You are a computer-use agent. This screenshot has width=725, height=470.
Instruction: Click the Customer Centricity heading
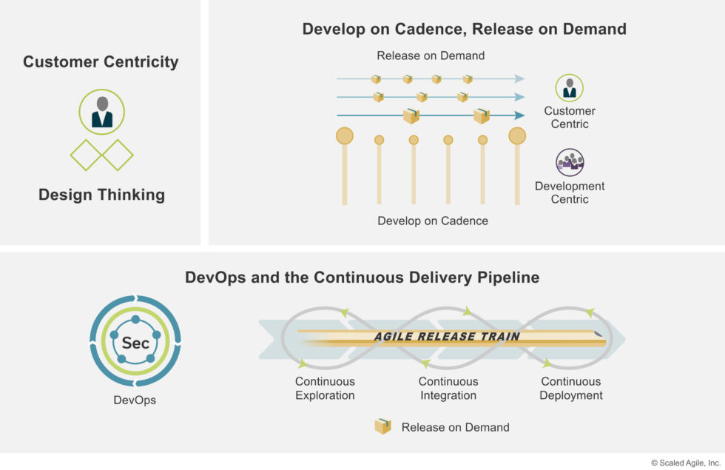click(101, 61)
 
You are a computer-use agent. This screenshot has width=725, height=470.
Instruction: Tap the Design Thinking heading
click(101, 195)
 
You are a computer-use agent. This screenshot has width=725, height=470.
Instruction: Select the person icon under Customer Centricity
click(101, 112)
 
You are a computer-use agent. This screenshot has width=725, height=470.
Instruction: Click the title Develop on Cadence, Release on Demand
click(464, 29)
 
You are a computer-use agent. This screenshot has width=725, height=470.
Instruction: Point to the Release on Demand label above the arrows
click(431, 56)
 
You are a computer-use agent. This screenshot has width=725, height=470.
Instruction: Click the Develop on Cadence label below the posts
click(433, 221)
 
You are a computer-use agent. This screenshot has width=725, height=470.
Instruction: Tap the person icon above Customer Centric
click(569, 87)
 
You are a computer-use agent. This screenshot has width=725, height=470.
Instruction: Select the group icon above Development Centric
click(570, 162)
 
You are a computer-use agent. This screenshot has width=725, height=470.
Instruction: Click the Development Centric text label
click(570, 192)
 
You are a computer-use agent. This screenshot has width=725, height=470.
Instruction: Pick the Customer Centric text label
click(570, 117)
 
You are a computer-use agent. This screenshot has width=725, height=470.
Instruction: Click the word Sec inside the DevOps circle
click(135, 343)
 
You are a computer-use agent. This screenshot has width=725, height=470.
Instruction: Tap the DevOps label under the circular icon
click(135, 400)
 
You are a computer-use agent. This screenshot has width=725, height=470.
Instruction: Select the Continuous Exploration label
click(325, 389)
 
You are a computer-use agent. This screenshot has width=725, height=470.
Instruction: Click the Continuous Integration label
click(448, 389)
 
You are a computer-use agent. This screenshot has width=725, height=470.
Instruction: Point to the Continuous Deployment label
click(570, 389)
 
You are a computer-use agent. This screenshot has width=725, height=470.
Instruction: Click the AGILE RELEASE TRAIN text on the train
click(447, 336)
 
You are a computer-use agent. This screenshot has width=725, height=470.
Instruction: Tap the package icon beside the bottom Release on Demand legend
click(382, 426)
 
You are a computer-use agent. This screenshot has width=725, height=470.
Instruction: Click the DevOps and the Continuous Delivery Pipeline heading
click(362, 278)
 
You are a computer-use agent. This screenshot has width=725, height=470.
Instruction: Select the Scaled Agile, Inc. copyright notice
click(685, 463)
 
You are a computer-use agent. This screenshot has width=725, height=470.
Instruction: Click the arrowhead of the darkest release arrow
click(520, 115)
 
